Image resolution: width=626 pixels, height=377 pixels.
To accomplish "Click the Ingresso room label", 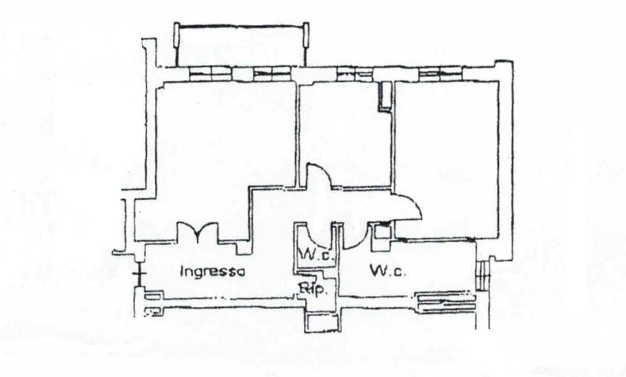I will pyautogui.click(x=213, y=271).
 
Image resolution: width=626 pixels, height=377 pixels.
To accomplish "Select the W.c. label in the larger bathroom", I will pyautogui.click(x=388, y=270).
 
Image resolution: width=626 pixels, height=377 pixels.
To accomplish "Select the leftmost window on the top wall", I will pyautogui.click(x=211, y=73).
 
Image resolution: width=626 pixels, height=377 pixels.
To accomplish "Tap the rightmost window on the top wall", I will pyautogui.click(x=440, y=73).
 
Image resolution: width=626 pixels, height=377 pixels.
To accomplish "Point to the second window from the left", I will pyautogui.click(x=272, y=73).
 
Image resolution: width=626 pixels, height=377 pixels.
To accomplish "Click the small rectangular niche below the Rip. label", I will pyautogui.click(x=322, y=322).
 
